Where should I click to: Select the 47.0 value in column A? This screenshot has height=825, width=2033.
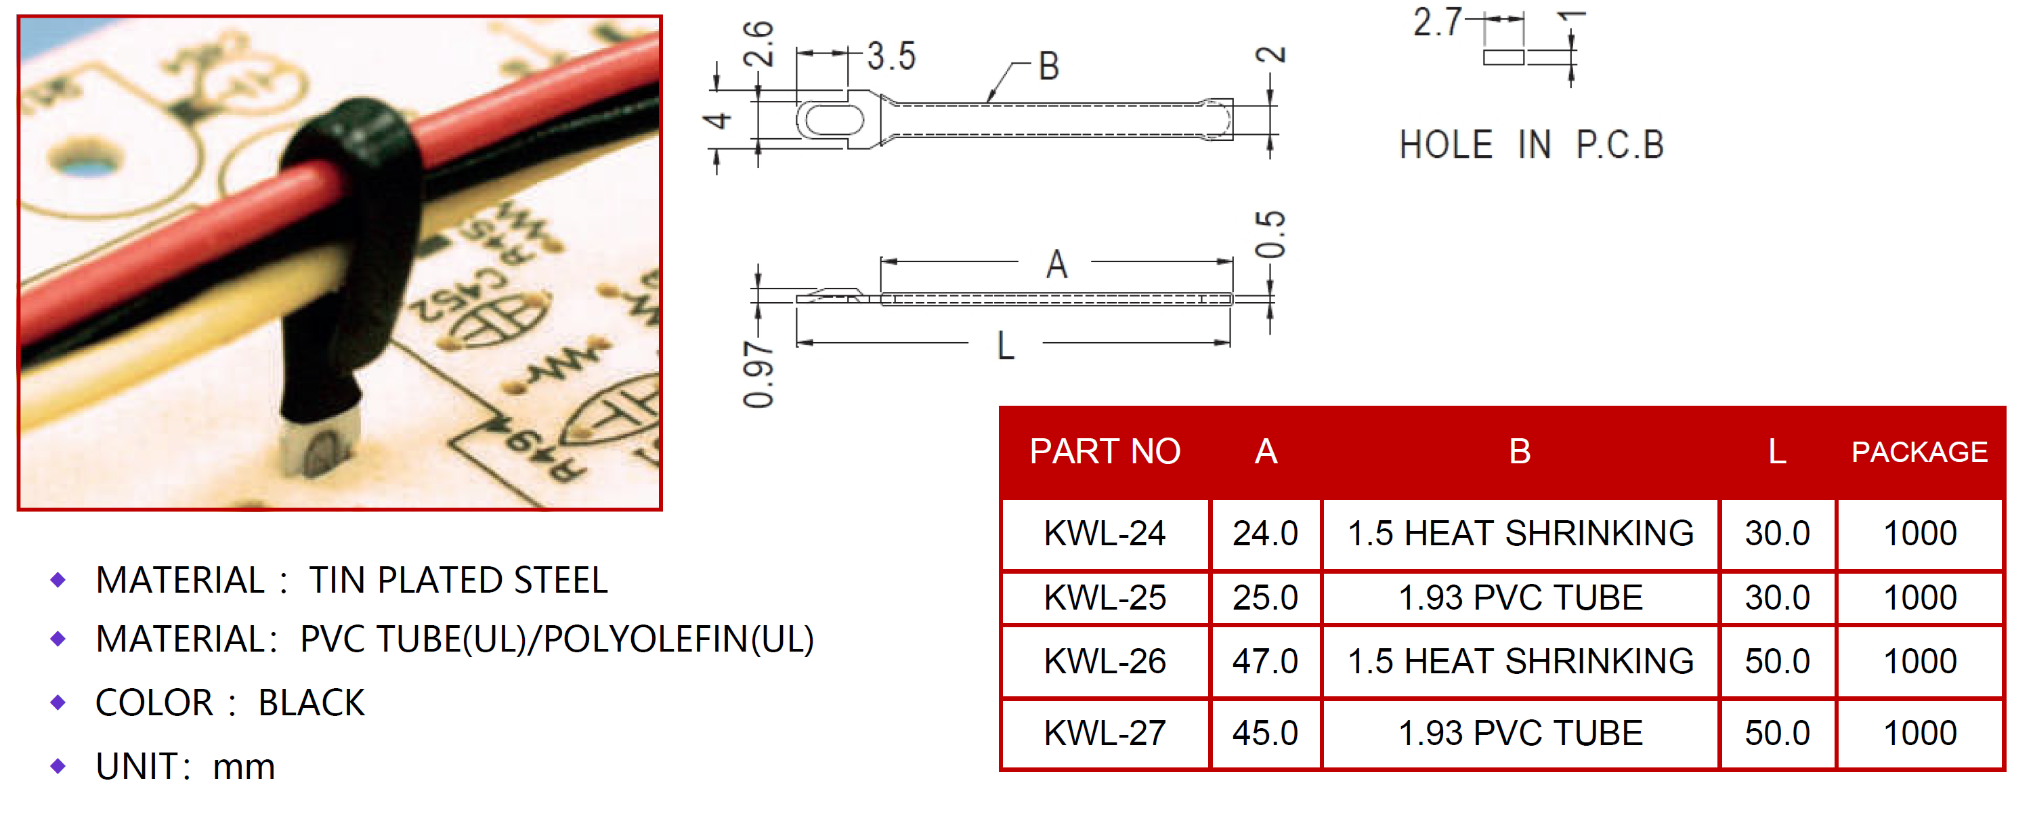click(x=1264, y=662)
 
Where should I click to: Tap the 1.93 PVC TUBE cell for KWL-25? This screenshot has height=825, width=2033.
click(x=1520, y=597)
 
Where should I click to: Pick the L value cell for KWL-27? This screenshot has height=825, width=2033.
click(x=1776, y=734)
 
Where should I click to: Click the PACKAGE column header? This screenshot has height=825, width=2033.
click(x=1919, y=452)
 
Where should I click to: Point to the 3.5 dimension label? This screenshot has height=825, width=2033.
click(x=891, y=57)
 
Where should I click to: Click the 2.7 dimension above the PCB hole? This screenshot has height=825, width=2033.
click(x=1436, y=22)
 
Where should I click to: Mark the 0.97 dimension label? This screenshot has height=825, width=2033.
click(x=758, y=375)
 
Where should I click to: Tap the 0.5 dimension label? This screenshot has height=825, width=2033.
click(x=1270, y=234)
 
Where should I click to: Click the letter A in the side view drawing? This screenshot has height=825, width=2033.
click(x=1056, y=264)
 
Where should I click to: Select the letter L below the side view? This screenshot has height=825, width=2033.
click(x=1005, y=347)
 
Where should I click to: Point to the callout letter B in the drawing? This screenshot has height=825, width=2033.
click(x=1048, y=66)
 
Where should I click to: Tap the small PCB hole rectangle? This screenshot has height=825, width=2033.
click(x=1503, y=57)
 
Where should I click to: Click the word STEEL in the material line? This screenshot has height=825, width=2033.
click(x=560, y=580)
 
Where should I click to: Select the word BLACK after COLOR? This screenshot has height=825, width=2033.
click(x=311, y=702)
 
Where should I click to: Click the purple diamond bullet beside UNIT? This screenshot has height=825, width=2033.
click(x=58, y=766)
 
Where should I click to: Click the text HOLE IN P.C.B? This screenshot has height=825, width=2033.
click(x=1531, y=145)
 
